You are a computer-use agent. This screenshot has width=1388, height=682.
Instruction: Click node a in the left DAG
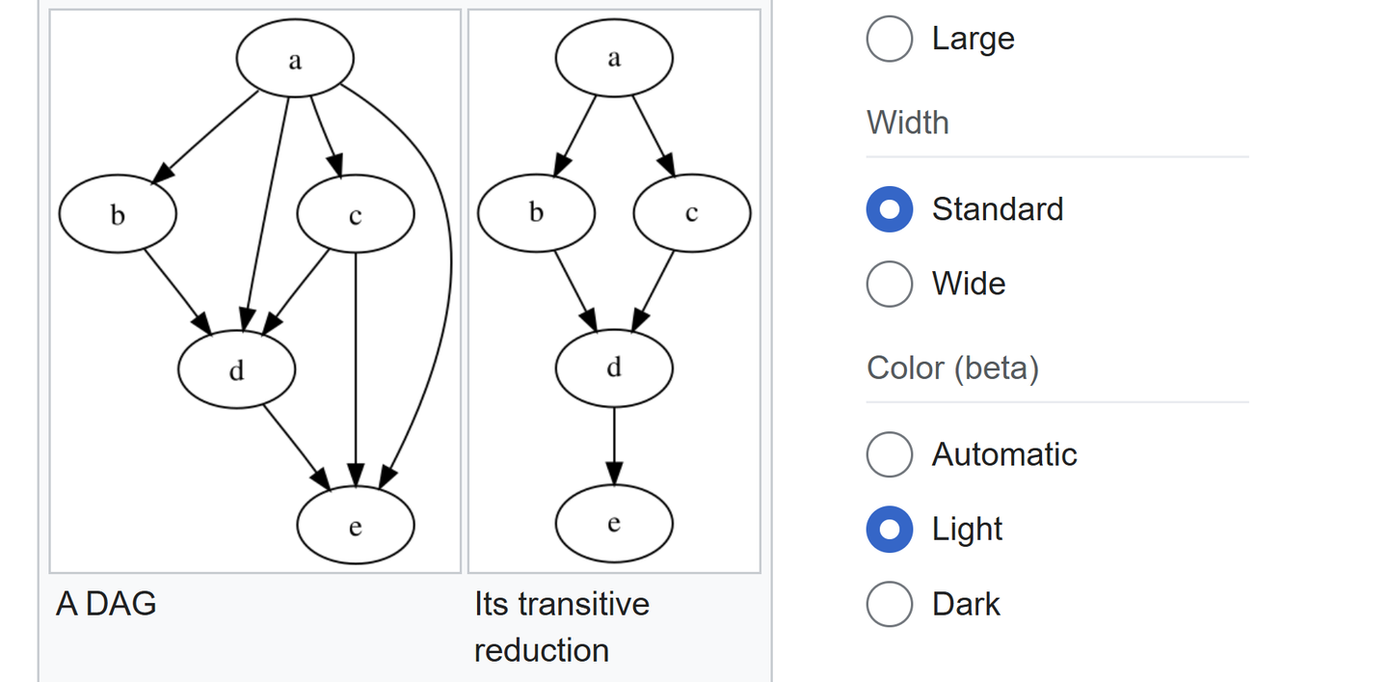(x=295, y=58)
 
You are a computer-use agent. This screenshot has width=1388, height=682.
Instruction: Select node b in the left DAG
(x=118, y=214)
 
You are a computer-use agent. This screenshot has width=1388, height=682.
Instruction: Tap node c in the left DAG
(x=356, y=214)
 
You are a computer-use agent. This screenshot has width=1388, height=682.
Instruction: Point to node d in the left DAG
(x=237, y=369)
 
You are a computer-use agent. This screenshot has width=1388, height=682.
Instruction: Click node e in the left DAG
(x=356, y=525)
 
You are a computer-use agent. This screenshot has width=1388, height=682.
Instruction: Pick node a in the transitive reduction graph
(x=614, y=58)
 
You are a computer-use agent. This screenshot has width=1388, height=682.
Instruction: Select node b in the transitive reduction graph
(x=537, y=212)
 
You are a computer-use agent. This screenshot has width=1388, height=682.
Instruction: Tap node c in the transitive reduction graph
(x=692, y=212)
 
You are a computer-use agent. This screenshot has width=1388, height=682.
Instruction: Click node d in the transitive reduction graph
(x=614, y=368)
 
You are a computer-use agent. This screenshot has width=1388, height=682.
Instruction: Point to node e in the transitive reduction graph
(x=614, y=523)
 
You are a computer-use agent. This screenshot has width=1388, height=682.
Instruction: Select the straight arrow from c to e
(x=356, y=369)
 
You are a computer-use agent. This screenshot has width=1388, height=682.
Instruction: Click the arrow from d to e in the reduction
(x=614, y=446)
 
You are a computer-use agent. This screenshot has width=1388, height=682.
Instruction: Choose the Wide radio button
(x=889, y=284)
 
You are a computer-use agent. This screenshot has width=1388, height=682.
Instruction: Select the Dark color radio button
(x=889, y=604)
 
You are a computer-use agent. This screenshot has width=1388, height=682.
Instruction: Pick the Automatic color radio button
(x=889, y=454)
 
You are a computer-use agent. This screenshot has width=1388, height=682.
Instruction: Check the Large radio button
(x=889, y=39)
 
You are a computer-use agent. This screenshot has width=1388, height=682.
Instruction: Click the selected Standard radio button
(x=889, y=209)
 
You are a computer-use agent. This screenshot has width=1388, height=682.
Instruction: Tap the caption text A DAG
(x=106, y=604)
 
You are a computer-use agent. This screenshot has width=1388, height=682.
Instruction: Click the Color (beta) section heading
(x=952, y=368)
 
